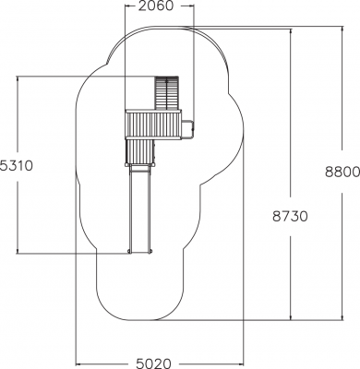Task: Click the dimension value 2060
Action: [x=155, y=6]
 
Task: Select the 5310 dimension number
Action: [x=16, y=166]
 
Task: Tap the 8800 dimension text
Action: [x=342, y=172]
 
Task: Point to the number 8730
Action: [x=290, y=217]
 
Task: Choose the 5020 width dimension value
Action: [x=153, y=363]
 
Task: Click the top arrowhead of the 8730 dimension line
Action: [x=291, y=31]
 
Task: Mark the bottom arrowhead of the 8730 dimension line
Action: [x=291, y=317]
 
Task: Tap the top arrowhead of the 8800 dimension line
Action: [x=342, y=30]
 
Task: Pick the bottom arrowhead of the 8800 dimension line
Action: [x=342, y=317]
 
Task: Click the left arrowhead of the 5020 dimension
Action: [x=78, y=363]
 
